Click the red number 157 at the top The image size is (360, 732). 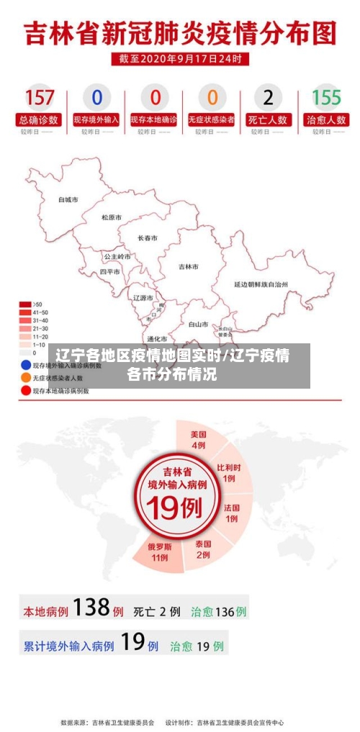coord(40,96)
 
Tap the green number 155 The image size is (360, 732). coord(326,96)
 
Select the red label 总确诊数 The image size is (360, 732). coord(40,119)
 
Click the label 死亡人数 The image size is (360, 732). coord(269,119)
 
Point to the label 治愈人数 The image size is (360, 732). coord(326,119)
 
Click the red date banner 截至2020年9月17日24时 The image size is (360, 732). coord(180,58)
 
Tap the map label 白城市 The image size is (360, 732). coord(68,199)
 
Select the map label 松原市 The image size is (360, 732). coord(111,217)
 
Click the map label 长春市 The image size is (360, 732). coord(148,238)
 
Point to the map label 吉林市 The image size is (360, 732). coord(189,266)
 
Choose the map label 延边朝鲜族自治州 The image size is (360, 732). coord(261,284)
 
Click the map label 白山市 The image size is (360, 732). coord(198,324)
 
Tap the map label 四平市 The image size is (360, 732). coord(110,272)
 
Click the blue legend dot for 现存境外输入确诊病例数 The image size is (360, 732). coord(25,365)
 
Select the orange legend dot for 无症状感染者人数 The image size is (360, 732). coord(25,377)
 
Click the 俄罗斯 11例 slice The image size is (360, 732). coord(158,551)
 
